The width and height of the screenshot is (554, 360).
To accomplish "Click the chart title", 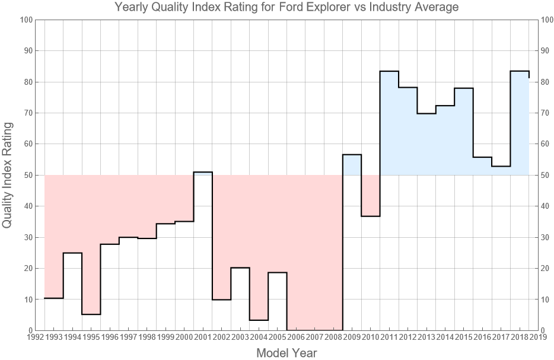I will (x=286, y=8).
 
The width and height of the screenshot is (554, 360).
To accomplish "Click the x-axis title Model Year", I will (x=286, y=353).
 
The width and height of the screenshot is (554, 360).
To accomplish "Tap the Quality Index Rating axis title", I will (x=8, y=175).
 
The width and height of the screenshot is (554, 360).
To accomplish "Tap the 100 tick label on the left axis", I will (x=25, y=20).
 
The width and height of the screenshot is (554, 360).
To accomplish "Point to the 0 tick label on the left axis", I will (x=29, y=330).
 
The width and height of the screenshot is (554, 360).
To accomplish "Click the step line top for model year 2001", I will (x=203, y=172).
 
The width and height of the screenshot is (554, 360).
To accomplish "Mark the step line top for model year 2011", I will (x=389, y=71).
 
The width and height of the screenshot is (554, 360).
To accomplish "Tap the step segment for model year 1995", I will (x=91, y=314).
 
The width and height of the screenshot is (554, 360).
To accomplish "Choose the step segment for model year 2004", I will (x=259, y=320).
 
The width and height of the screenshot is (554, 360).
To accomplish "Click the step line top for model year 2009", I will (x=352, y=154).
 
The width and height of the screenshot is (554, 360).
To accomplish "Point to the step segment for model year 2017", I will (x=501, y=166).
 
